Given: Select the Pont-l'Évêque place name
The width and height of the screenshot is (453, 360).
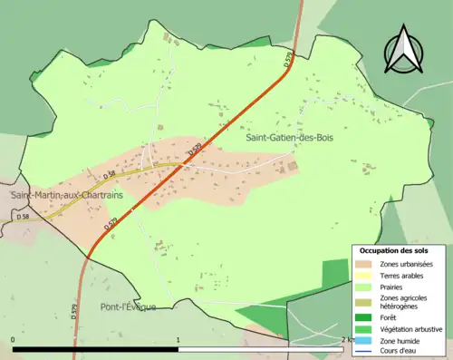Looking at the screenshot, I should (128, 306).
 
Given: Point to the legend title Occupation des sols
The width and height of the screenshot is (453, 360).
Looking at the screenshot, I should (395, 249).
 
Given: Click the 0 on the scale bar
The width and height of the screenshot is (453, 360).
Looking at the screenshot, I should (14, 340).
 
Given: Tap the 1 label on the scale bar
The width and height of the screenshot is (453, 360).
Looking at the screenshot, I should (178, 340).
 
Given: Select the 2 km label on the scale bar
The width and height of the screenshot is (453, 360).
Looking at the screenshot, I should (346, 340).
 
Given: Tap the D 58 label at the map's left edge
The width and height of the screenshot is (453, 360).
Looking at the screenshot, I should (22, 218).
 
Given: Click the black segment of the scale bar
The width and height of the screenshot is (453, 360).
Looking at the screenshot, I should (95, 349).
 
